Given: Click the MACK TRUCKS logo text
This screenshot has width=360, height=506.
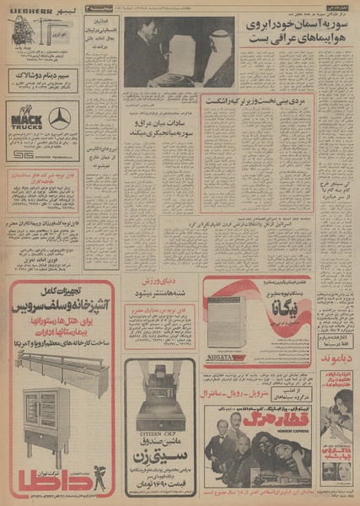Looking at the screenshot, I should click(24, 118).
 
